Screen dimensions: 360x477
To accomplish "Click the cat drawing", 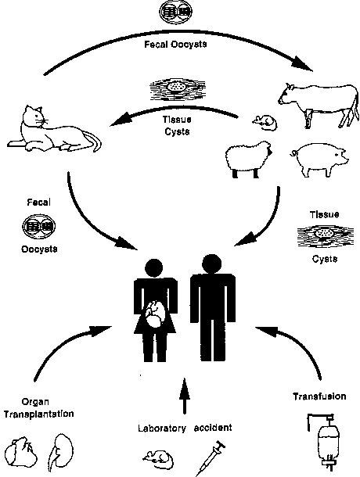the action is (x=52, y=131).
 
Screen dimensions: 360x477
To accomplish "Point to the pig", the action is (x=320, y=160).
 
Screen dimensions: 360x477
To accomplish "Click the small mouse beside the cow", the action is (x=265, y=123).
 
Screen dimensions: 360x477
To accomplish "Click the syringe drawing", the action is (x=211, y=457).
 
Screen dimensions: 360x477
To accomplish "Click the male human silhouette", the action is (x=213, y=307).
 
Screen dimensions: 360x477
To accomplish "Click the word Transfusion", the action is (x=319, y=396).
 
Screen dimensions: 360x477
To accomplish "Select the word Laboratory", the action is (x=162, y=429).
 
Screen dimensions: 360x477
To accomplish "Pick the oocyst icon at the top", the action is (x=176, y=12).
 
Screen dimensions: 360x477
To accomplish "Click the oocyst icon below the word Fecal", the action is (x=38, y=226).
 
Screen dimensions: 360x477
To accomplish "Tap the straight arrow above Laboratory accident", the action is (x=184, y=396).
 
